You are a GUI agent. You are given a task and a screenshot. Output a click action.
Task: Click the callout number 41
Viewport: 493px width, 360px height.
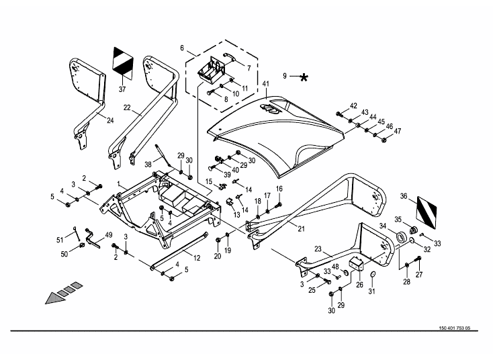[x=266, y=84]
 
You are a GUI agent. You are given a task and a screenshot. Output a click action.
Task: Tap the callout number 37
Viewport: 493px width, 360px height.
[x=122, y=89]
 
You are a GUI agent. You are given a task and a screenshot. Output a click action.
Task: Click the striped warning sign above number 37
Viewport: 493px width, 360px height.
[x=123, y=62]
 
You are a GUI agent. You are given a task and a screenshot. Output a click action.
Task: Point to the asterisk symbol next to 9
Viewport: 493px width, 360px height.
[x=304, y=77]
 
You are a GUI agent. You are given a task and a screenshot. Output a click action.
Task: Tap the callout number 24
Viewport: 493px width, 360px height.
[x=110, y=120]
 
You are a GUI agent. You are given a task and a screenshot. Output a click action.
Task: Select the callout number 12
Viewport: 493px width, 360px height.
[x=197, y=258]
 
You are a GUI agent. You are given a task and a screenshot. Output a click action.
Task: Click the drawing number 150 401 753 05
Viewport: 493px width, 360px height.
[x=454, y=328]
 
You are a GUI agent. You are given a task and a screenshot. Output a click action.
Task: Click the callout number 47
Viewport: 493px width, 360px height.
[x=398, y=131]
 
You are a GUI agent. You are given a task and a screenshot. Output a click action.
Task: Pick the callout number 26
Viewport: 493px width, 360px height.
[x=359, y=285]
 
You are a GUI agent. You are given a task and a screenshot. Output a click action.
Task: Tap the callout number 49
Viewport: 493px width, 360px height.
[x=108, y=235]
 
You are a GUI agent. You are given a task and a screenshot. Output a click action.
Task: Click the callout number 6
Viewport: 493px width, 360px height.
[x=182, y=48]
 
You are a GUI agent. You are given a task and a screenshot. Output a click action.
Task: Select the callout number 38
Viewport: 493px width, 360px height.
[x=148, y=165]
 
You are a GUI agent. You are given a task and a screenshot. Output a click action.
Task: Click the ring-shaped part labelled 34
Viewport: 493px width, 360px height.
[x=401, y=236]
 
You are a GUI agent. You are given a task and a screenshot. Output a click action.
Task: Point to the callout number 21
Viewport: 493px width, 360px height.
[x=301, y=229]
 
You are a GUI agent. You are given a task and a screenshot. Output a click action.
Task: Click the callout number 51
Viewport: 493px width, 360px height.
[x=60, y=240]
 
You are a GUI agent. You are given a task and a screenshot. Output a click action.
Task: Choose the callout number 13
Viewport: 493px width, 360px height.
[x=236, y=215]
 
